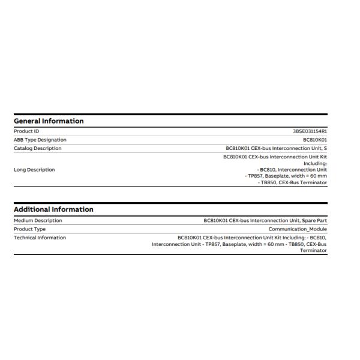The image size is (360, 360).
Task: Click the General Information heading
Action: (x=49, y=121)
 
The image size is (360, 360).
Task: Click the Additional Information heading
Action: (x=53, y=209)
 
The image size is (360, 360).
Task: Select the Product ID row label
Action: (x=26, y=131)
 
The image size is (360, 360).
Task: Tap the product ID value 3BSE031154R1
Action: (x=310, y=131)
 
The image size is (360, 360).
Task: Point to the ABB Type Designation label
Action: (x=40, y=140)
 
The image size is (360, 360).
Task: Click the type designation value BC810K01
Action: (x=315, y=140)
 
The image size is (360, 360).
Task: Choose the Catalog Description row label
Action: (x=38, y=148)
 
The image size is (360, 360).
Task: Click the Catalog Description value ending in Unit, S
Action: (x=277, y=148)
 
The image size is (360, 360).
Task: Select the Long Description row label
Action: (x=34, y=170)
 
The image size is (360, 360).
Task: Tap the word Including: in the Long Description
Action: (x=315, y=163)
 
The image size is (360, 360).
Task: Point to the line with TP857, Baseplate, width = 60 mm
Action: (x=286, y=176)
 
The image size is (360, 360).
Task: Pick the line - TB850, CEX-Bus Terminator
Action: (x=293, y=182)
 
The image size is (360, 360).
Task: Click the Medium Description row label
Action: (x=38, y=220)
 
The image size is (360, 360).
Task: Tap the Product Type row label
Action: (x=29, y=229)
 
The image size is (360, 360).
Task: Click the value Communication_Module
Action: (x=298, y=229)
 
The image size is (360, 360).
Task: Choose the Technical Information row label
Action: (x=40, y=238)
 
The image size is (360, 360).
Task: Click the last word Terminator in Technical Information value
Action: (x=314, y=250)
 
